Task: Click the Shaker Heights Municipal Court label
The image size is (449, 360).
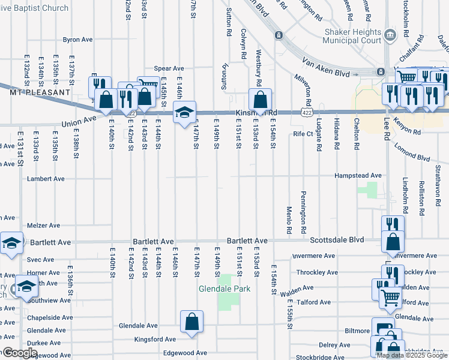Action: [352, 36]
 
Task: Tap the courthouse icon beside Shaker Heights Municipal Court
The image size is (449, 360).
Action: [391, 35]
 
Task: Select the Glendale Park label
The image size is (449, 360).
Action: [224, 289]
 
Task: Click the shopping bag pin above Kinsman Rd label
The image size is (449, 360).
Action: [261, 99]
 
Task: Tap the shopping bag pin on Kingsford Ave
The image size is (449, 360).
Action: [191, 322]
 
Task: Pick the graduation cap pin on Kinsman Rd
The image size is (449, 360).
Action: [184, 111]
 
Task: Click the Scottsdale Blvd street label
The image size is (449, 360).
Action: [337, 239]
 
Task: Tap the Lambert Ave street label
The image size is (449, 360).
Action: [46, 179]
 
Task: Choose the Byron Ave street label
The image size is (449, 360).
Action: [77, 40]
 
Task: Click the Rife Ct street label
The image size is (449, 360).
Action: [303, 134]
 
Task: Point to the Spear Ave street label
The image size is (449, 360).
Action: [169, 68]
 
